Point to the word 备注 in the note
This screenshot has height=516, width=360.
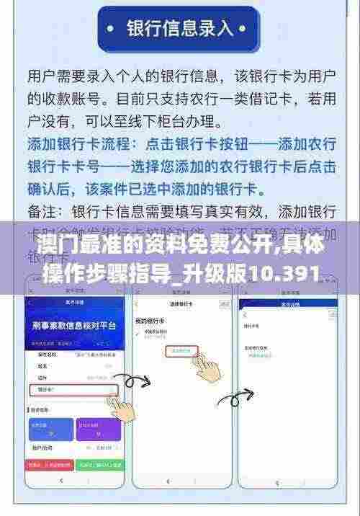44,213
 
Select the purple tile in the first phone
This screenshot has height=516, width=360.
97,431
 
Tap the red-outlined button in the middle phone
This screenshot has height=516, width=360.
179,351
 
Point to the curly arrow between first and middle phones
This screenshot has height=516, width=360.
132,381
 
